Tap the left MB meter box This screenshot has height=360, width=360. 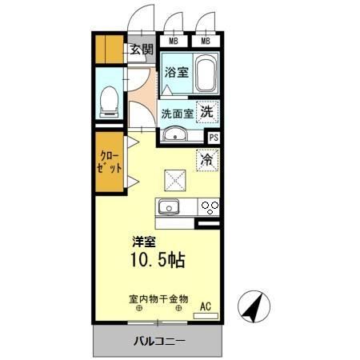[x=172, y=41]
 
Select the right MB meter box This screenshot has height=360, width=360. [x=206, y=41]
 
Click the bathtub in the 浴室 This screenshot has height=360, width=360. [x=206, y=74]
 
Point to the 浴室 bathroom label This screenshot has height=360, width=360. [x=176, y=73]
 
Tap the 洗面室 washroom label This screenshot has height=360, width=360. [x=177, y=113]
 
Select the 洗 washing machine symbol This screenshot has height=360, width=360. [x=207, y=113]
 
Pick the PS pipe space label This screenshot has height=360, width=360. [x=213, y=137]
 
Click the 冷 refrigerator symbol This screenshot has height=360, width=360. [x=206, y=159]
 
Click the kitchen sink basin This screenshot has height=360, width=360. [x=169, y=207]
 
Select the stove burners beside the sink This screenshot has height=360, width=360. [x=209, y=207]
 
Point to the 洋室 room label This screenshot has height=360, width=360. [x=144, y=242]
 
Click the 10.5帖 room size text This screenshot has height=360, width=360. [x=158, y=261]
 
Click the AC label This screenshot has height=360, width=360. [x=206, y=306]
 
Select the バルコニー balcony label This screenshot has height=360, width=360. [x=158, y=342]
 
